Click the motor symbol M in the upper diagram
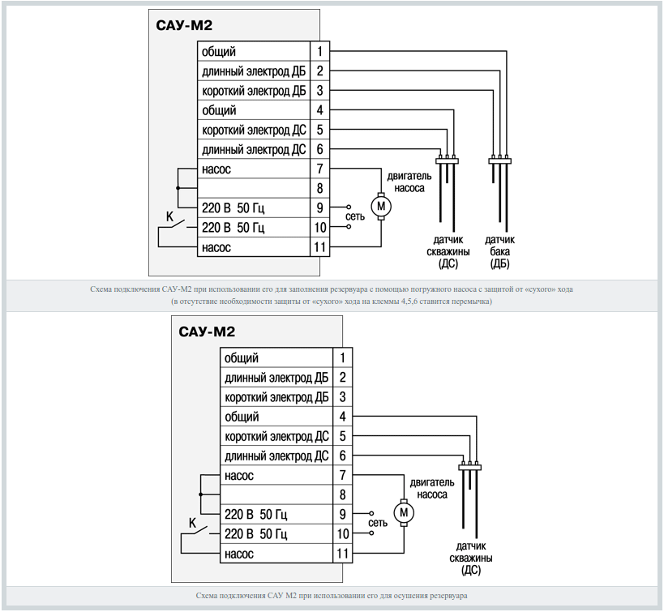pos(380,207)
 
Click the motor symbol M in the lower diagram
pos(403,513)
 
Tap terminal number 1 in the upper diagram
pos(321,52)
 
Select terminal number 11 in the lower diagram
pos(343,554)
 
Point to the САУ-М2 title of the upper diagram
pos(184,25)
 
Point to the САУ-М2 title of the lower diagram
pos(207,332)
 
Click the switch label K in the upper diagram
pos(169,217)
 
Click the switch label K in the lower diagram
pos(192,524)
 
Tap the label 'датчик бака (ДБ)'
pos(499,251)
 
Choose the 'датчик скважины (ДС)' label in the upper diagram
pos(448,251)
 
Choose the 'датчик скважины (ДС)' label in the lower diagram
pos(471,558)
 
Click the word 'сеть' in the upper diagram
pos(355,217)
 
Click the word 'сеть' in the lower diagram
pos(378,524)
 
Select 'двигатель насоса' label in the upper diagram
pos(409,181)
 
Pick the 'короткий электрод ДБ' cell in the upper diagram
pos(253,91)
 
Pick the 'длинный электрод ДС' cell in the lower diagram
pos(276,456)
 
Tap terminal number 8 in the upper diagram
pos(321,188)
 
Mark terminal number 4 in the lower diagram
pos(343,417)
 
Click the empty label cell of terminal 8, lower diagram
pos(276,494)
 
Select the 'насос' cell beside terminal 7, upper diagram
pos(253,169)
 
